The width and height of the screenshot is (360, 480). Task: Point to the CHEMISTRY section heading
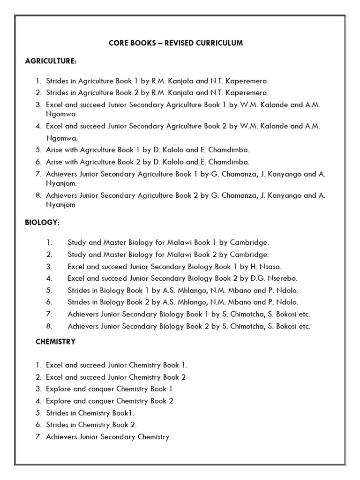click(x=55, y=342)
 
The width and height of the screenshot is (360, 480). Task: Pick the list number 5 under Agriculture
click(x=38, y=150)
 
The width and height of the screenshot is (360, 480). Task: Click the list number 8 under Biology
click(x=49, y=327)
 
